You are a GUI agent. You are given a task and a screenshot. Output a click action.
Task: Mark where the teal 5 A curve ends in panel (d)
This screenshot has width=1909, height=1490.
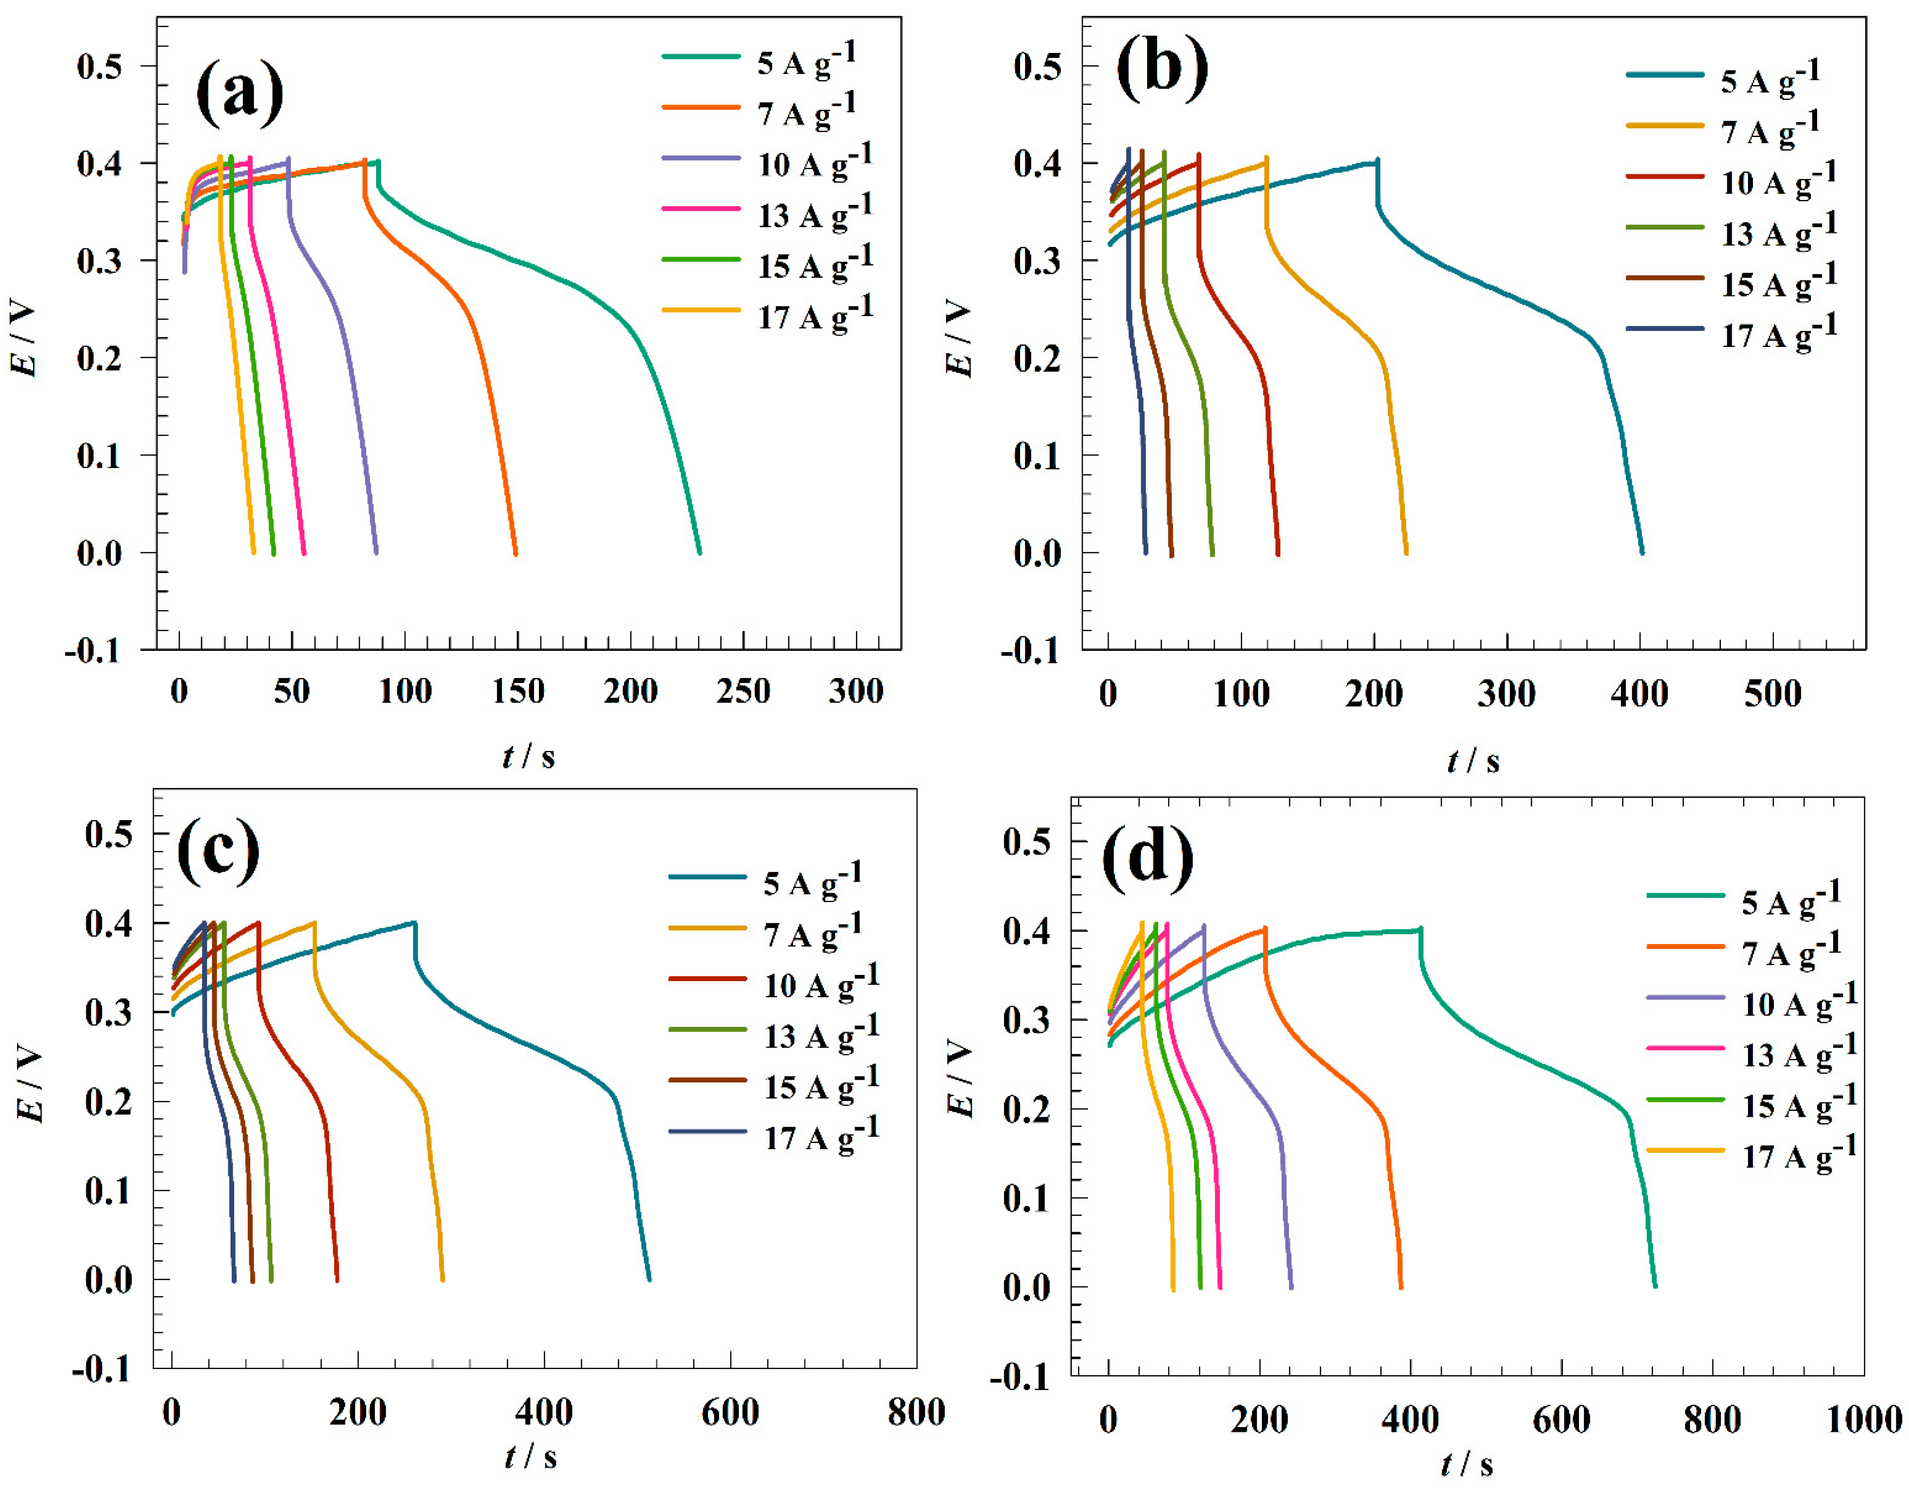click(1654, 1286)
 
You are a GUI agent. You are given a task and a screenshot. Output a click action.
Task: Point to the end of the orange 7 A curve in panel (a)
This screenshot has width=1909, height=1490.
click(516, 554)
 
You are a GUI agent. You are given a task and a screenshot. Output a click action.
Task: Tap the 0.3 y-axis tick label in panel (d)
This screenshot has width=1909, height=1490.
click(1026, 1020)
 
